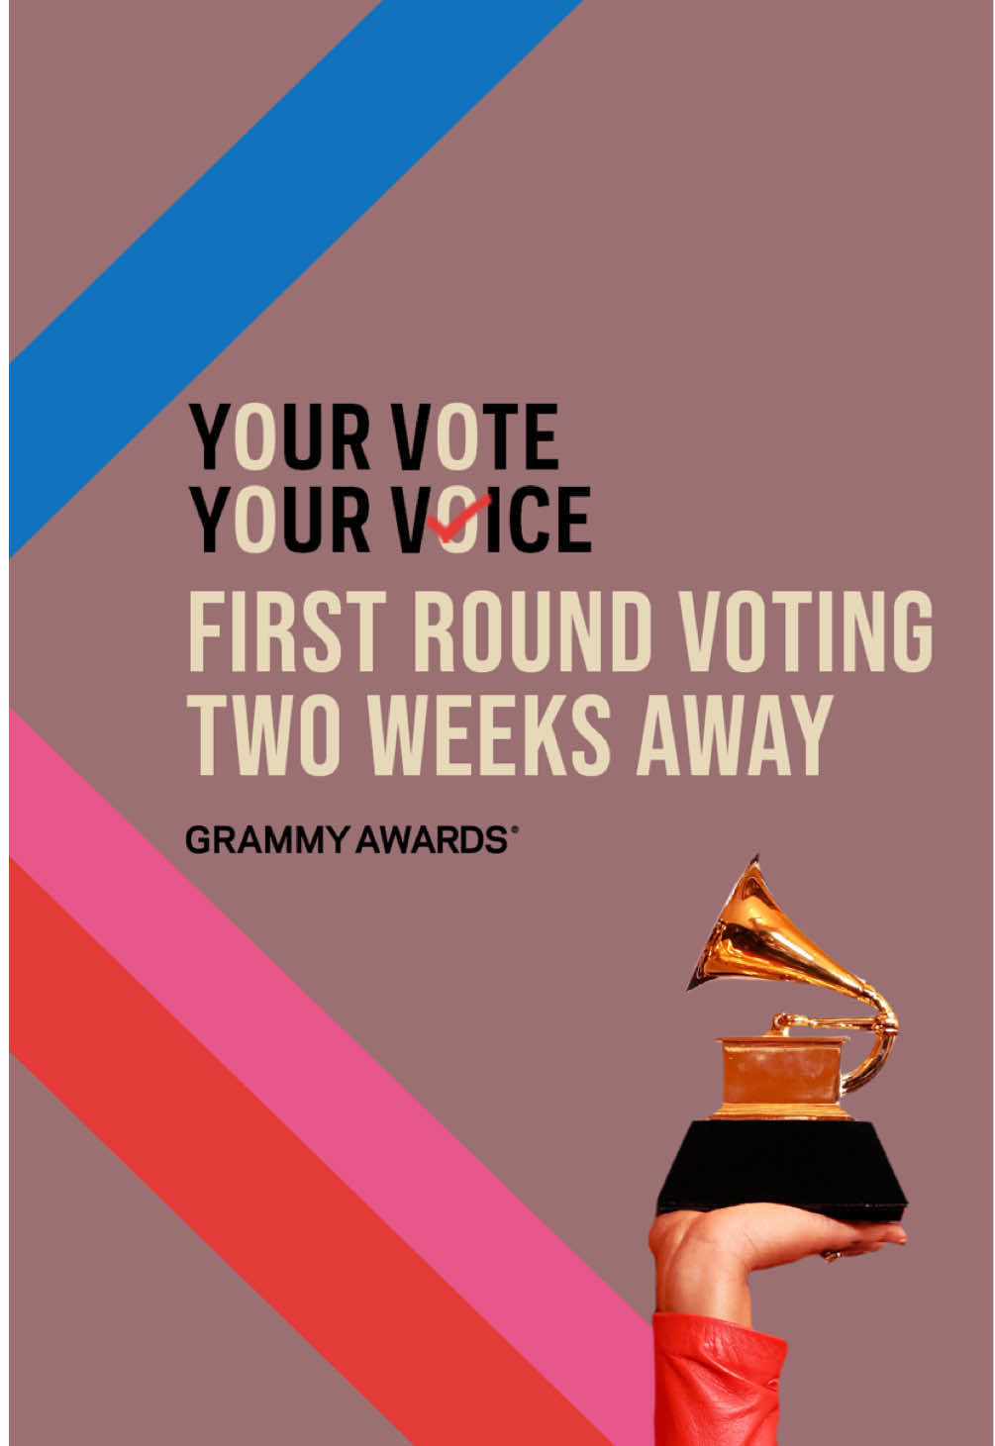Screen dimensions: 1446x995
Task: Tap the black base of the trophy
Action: pyautogui.click(x=782, y=1168)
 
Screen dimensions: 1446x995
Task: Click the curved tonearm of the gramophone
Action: pyautogui.click(x=881, y=1039)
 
